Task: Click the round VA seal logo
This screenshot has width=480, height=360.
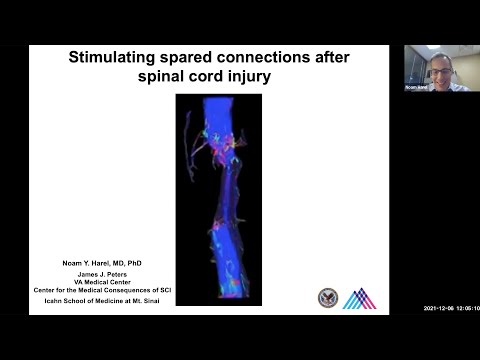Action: (327, 297)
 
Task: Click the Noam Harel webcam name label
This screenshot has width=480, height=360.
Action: (415, 87)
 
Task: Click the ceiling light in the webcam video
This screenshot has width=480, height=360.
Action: (433, 48)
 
